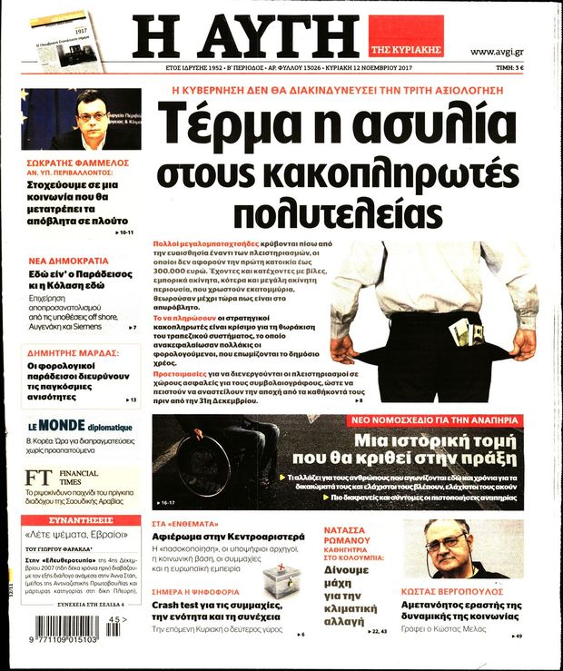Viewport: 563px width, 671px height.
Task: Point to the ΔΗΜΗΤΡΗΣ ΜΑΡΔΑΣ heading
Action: tap(73, 332)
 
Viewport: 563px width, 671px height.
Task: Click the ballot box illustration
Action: tap(280, 579)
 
